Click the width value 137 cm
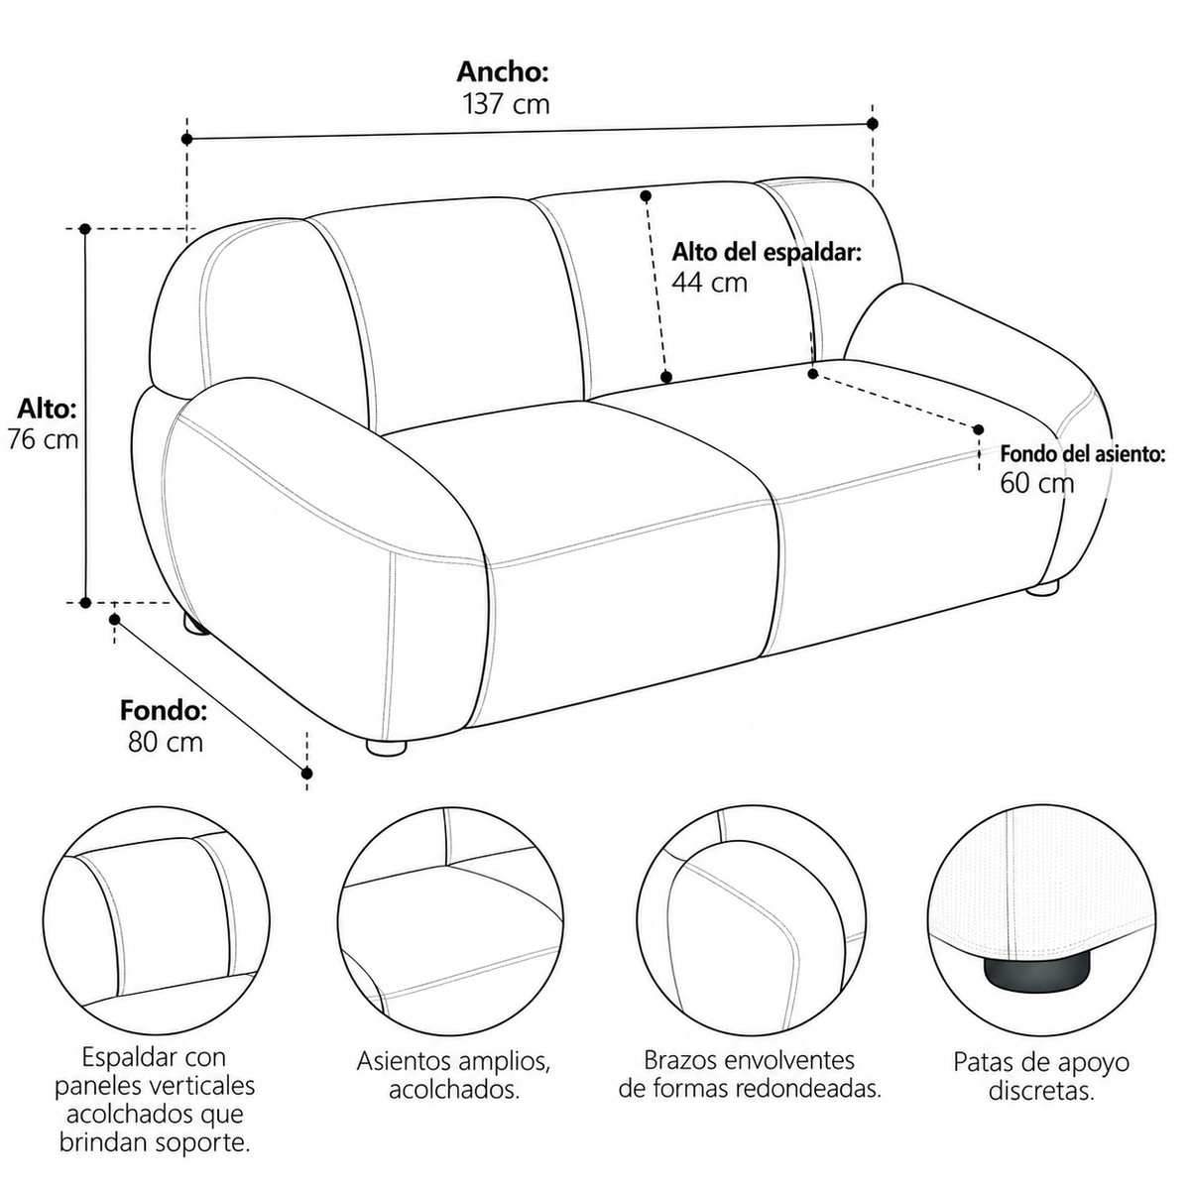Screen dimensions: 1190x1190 pos(506,104)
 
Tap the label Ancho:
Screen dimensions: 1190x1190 pos(503,72)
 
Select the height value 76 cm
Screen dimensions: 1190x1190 pos(44,439)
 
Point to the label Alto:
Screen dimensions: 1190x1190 pos(47,409)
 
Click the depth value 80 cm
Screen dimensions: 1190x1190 pos(166,742)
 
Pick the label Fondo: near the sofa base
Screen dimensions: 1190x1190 pos(164,711)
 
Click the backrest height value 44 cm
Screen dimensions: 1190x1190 pos(710,283)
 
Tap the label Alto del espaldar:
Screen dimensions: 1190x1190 pos(767,253)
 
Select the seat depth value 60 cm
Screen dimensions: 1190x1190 pos(1037,482)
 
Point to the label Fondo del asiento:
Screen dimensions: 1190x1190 pos(1083,454)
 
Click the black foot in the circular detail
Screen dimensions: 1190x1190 pos(1023,982)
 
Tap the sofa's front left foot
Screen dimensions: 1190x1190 pos(387,747)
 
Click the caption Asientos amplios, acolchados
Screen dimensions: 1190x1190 pos(453,1075)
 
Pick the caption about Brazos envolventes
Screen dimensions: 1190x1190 pos(749,1074)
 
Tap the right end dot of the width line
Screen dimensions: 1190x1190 pos(873,124)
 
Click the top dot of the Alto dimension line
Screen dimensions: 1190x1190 pos(85,229)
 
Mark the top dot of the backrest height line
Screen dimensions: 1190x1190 pos(646,196)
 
